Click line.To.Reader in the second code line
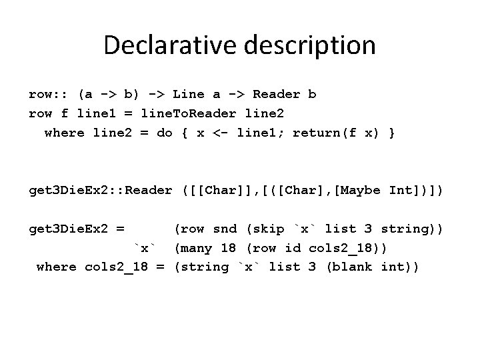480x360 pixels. pyautogui.click(x=197, y=113)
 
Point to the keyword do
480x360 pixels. pyautogui.click(x=164, y=133)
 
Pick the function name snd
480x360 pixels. pyautogui.click(x=225, y=229)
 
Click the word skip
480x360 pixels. pyautogui.click(x=269, y=229)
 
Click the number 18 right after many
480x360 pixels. pyautogui.click(x=229, y=249)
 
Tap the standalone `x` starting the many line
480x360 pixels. pyautogui.click(x=145, y=249)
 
